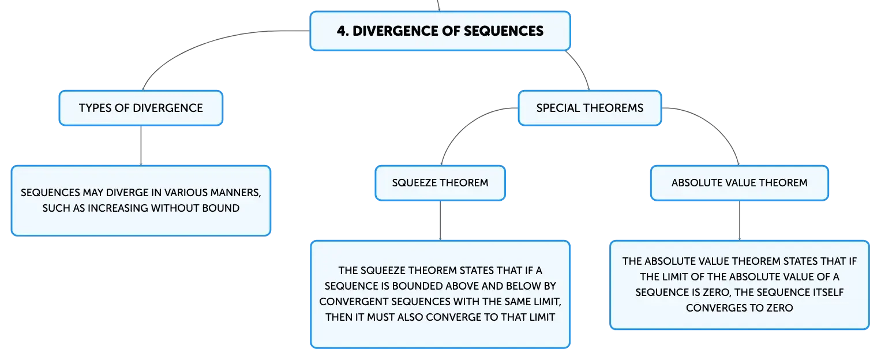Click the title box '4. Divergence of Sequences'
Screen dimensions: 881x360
point(440,31)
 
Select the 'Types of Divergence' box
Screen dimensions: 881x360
point(141,108)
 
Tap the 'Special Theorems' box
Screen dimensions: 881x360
point(590,108)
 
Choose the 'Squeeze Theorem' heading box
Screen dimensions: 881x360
point(440,183)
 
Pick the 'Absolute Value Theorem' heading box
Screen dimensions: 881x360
point(740,183)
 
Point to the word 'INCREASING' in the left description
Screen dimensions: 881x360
point(118,208)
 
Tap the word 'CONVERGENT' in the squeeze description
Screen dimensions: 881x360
point(354,302)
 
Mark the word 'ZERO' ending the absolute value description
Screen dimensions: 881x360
point(779,308)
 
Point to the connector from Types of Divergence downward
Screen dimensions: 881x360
point(141,145)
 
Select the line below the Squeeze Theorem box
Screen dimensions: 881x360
point(440,220)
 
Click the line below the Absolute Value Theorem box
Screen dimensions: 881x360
point(740,220)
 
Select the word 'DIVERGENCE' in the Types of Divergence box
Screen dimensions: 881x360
point(168,108)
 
